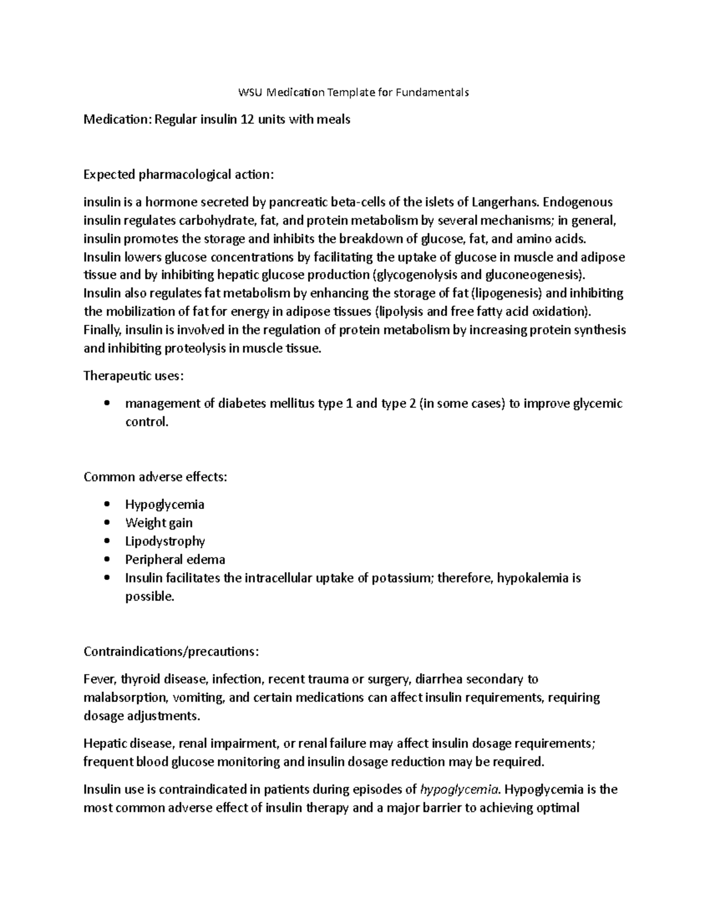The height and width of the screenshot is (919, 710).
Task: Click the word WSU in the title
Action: [250, 92]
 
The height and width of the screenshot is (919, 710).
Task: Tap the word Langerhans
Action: [504, 202]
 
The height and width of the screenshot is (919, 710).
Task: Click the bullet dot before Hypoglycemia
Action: [106, 505]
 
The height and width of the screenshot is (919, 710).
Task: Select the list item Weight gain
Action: [159, 523]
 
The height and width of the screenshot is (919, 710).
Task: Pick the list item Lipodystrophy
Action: [165, 541]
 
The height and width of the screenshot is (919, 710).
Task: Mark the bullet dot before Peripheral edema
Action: [106, 560]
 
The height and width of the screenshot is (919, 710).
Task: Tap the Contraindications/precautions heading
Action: [171, 652]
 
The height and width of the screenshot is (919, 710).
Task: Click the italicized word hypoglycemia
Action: [459, 789]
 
